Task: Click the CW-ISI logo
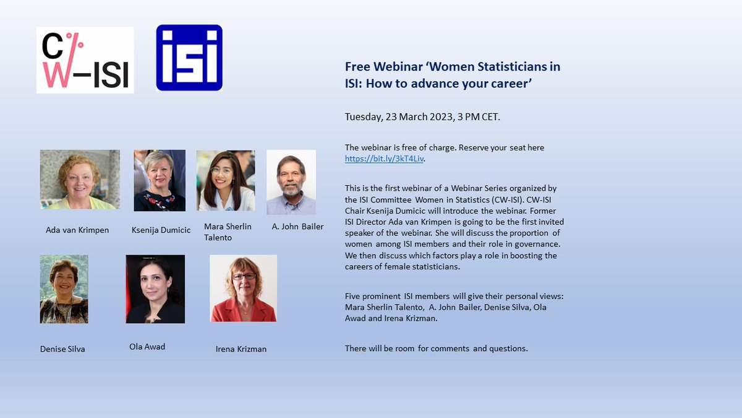85,60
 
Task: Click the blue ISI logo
189,58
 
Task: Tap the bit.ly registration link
385,159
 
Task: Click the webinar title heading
452,74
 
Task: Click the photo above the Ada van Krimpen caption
80,180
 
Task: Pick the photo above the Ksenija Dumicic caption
160,180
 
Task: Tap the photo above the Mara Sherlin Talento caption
226,180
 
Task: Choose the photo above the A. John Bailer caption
291,182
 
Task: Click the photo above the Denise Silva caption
64,289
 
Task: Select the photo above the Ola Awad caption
155,289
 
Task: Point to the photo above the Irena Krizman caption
243,289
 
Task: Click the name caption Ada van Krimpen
77,230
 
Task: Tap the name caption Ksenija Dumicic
161,230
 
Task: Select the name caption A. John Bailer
297,227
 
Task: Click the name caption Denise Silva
62,349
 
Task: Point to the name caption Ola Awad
147,347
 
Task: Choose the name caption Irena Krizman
241,349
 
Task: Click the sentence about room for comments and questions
436,349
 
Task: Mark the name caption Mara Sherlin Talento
228,232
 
